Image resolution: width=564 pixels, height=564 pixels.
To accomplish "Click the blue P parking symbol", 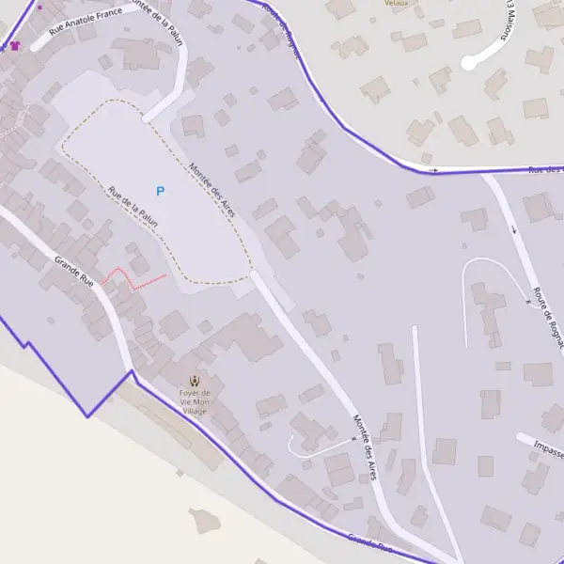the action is click(x=160, y=191).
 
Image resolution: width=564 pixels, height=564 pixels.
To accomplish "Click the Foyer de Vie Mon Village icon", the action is click(x=195, y=380).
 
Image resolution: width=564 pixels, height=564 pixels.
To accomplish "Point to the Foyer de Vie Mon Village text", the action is click(x=195, y=401).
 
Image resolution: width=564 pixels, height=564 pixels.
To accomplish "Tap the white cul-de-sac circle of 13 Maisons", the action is click(x=469, y=63).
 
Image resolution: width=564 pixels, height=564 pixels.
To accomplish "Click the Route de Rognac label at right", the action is click(x=547, y=318).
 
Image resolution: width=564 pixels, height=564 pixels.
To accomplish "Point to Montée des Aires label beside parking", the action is click(x=211, y=191).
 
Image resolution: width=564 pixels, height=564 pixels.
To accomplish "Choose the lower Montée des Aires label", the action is click(x=365, y=446).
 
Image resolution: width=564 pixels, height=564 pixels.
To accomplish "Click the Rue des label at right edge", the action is click(x=545, y=170).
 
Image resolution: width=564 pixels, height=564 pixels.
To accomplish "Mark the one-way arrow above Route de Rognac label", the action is click(x=513, y=229).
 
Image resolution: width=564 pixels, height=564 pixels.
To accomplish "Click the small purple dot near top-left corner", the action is click(x=39, y=8).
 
